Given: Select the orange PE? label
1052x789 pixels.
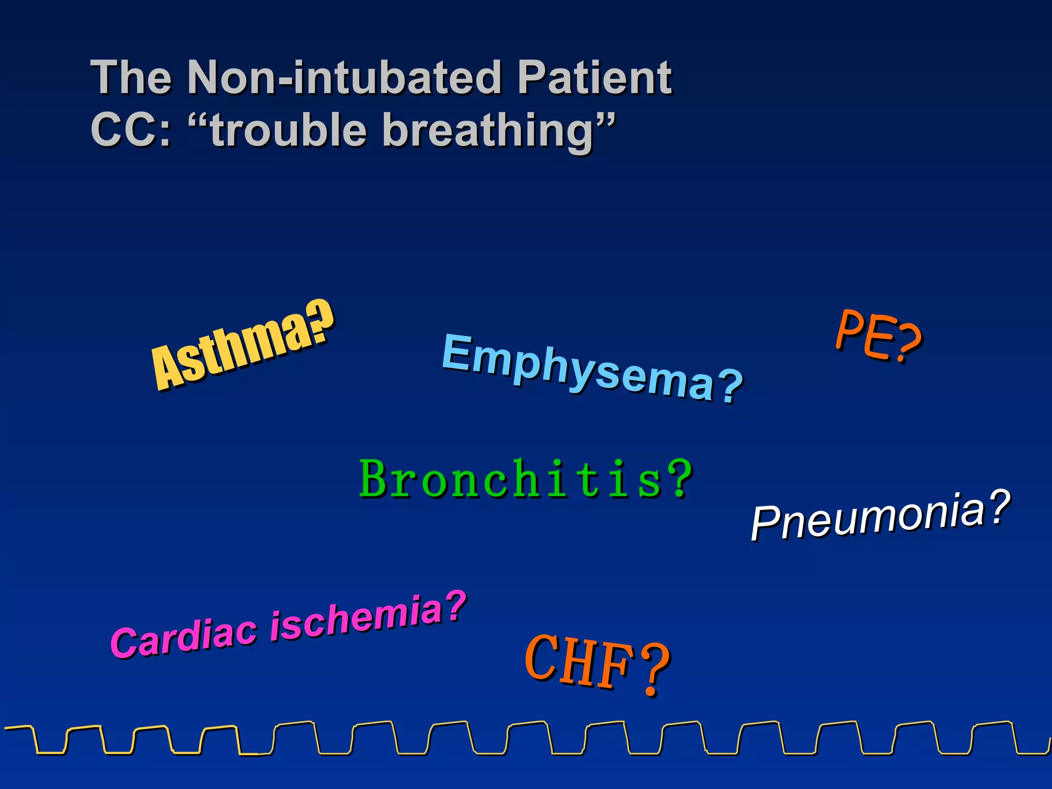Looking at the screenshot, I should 878,336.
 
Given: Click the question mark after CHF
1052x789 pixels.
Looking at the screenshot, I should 655,670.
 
